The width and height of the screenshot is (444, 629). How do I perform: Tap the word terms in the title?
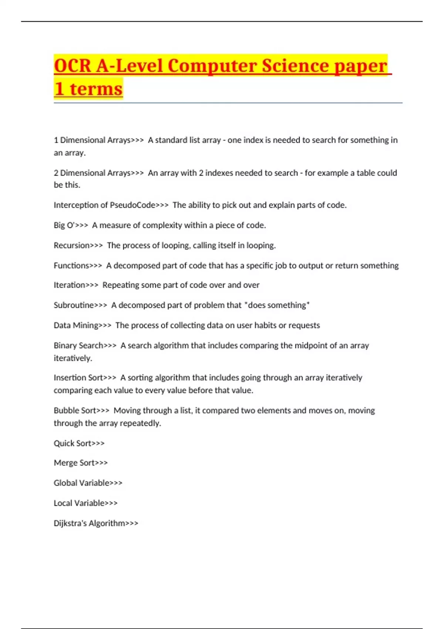tap(96, 89)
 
